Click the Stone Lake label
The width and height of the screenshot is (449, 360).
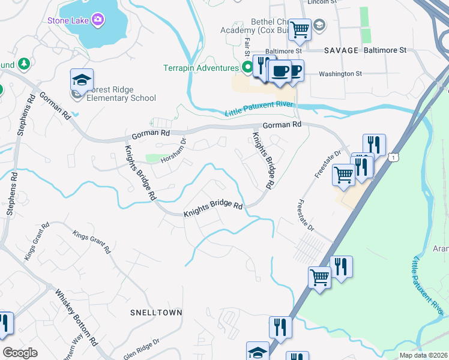point(68,21)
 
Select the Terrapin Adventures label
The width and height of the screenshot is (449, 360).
point(201,68)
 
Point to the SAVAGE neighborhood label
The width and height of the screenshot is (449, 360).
point(341,51)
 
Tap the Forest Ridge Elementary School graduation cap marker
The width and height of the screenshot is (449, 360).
point(82,80)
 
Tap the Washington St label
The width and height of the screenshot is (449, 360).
point(340,74)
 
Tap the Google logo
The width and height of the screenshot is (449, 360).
point(20,353)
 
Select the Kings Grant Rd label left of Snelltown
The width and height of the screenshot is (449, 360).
point(36,241)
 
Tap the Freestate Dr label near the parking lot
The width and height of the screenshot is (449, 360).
point(306,217)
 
